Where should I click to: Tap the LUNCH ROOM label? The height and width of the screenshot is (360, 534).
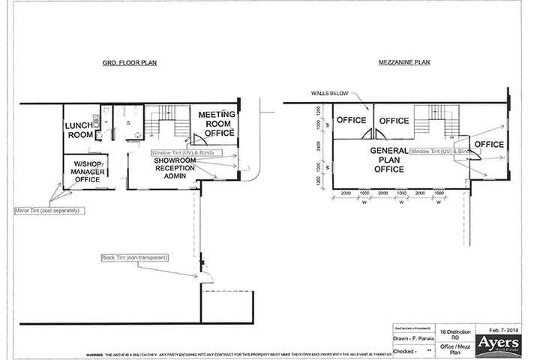79,130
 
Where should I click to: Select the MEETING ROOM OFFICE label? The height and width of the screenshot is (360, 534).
217,123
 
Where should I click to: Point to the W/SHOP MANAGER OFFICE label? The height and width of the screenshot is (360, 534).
87,171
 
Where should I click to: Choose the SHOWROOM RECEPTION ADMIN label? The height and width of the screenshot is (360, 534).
174,167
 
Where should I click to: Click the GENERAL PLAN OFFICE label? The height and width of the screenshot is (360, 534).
388,160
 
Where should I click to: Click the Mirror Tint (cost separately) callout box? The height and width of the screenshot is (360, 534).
46,211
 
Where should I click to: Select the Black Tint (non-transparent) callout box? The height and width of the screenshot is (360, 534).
135,258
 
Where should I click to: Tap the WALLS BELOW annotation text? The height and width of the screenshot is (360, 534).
328,94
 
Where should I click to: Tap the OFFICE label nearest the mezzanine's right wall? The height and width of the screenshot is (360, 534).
489,144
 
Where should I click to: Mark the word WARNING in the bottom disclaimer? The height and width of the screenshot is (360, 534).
97,355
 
